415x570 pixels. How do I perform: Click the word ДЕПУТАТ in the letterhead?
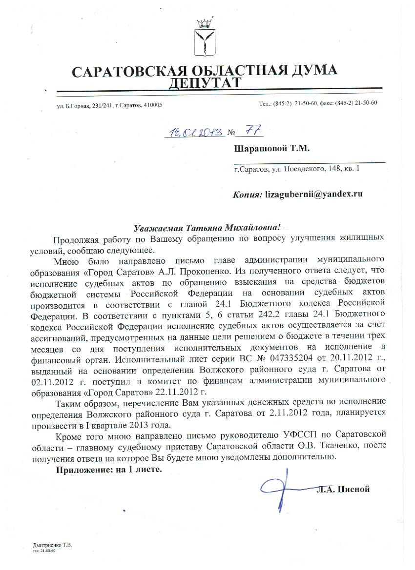coord(204,83)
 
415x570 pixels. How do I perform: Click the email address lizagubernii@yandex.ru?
coord(313,194)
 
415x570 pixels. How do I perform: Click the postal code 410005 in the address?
coord(153,105)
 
